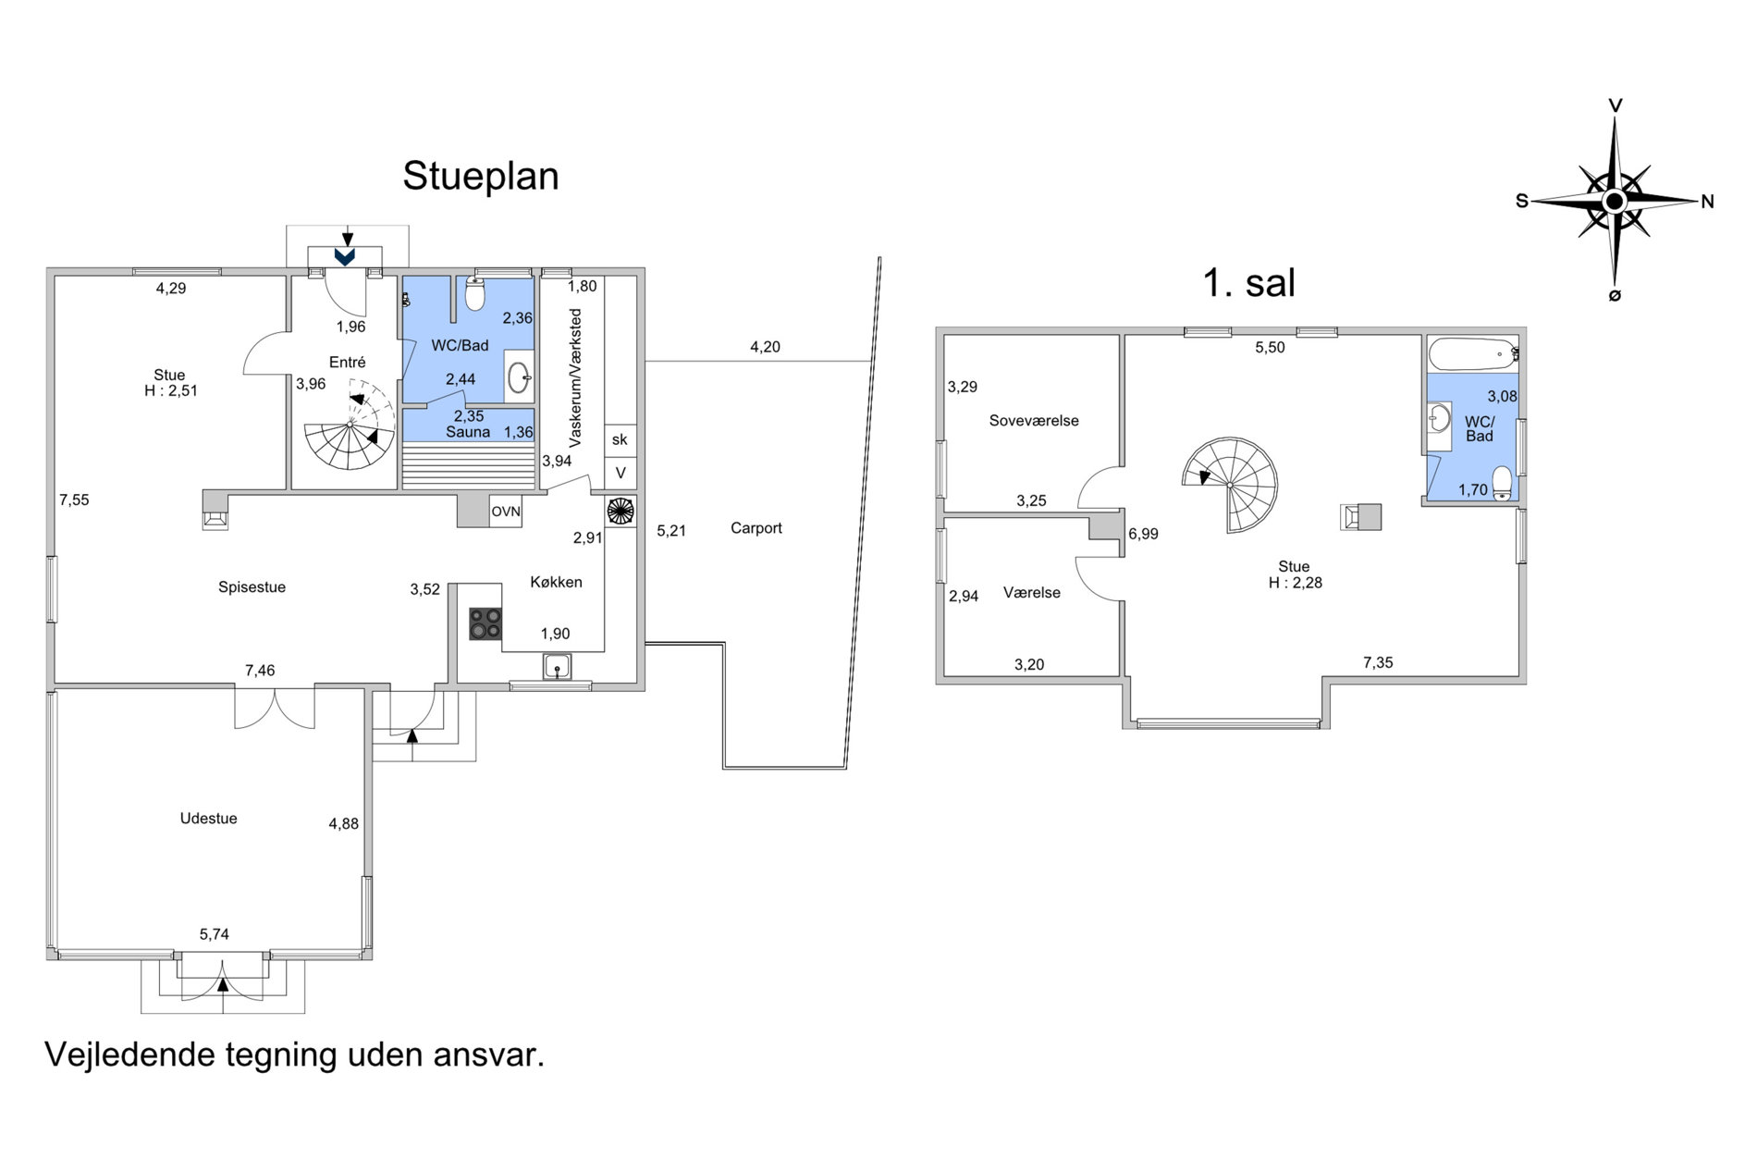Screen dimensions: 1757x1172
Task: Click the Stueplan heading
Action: [481, 176]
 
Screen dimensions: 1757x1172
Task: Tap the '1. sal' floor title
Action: [1248, 282]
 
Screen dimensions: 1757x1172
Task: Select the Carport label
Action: [756, 528]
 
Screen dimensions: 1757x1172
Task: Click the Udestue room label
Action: [209, 819]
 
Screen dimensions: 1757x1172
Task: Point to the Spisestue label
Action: [252, 587]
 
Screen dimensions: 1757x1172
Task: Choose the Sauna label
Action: [468, 432]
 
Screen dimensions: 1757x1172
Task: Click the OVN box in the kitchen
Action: [506, 512]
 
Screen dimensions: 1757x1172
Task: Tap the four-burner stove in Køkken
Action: [485, 623]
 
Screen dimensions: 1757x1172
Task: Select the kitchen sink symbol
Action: [558, 666]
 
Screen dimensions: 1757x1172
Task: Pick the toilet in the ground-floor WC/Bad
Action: [475, 293]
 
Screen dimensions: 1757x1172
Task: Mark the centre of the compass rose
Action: [1614, 201]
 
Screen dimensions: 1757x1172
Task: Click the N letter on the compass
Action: [1708, 202]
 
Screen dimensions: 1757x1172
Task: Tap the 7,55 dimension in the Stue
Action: [74, 500]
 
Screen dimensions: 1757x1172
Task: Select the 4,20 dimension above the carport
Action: [765, 348]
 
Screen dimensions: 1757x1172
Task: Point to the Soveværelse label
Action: [1034, 421]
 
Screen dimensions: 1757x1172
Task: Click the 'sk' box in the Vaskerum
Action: [620, 440]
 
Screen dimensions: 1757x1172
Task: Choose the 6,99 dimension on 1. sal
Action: [1144, 534]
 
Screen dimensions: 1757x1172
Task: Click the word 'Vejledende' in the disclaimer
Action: [129, 1055]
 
